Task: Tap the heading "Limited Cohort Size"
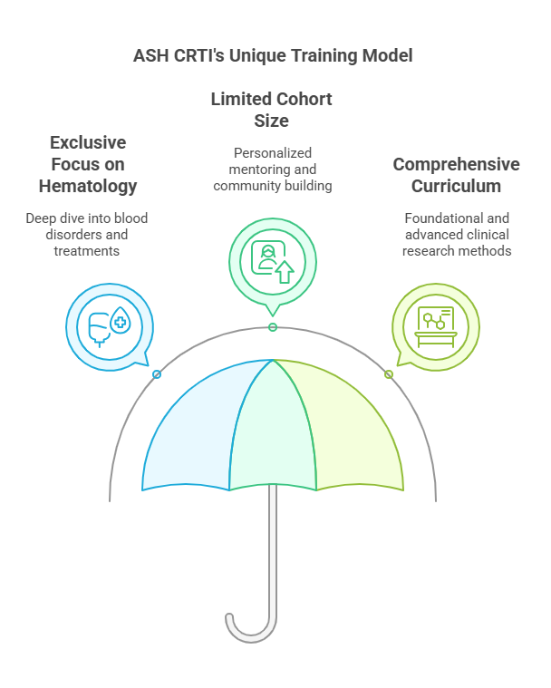tap(272, 111)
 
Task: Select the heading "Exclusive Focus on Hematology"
tap(88, 165)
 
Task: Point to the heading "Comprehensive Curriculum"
tap(456, 176)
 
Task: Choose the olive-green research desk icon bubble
tap(435, 324)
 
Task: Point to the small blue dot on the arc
tap(157, 373)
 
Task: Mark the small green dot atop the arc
tap(273, 327)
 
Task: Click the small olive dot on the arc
tap(389, 373)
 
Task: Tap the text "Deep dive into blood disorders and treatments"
tap(86, 234)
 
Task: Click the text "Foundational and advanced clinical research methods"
tap(456, 234)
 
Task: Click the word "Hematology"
tap(88, 187)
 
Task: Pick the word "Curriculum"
tap(456, 187)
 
